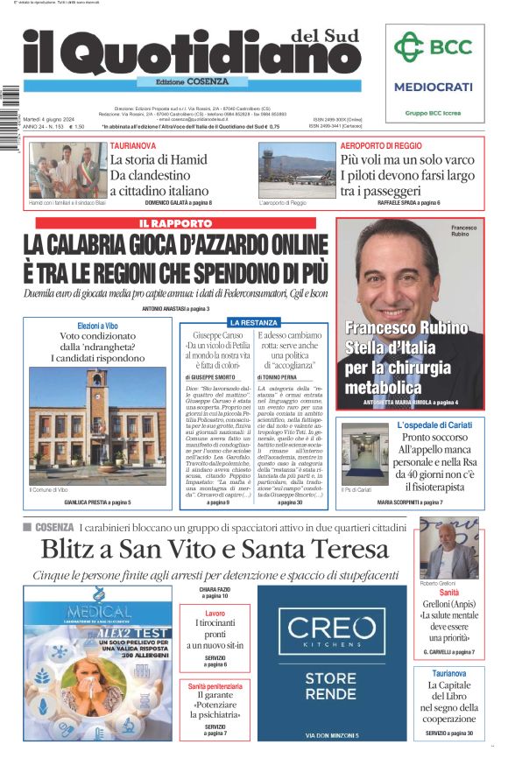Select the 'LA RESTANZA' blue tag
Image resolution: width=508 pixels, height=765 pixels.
point(254,322)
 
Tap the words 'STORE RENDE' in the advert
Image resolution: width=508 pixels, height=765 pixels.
point(331,691)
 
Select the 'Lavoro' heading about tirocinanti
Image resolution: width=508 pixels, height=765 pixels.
point(215,614)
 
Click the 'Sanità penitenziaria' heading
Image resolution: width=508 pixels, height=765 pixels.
point(215,686)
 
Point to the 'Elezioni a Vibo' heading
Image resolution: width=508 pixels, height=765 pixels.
point(98,326)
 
